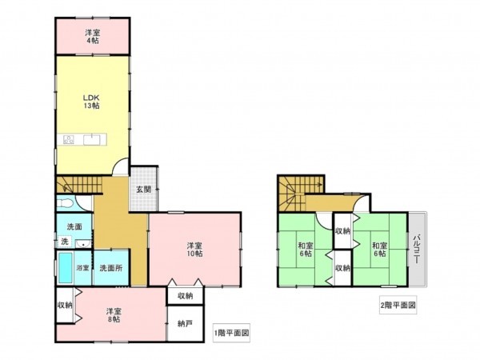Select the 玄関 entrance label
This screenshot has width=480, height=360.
(x=143, y=189)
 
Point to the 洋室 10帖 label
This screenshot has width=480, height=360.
(x=194, y=249)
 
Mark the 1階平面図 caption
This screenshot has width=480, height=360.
(x=232, y=331)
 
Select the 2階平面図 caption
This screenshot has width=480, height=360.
(x=398, y=305)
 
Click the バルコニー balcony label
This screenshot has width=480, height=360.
(x=418, y=250)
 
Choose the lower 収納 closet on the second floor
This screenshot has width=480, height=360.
(x=342, y=267)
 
